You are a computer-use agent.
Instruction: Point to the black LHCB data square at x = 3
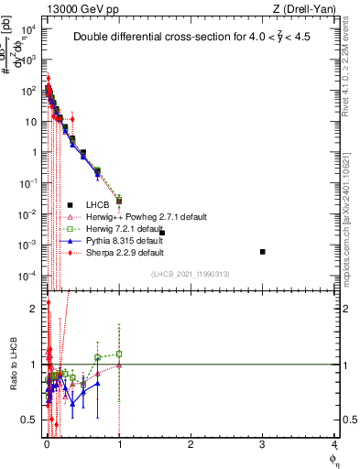click(x=263, y=251)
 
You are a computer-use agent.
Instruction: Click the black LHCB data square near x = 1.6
click(x=162, y=233)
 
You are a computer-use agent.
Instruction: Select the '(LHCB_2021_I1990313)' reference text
click(x=191, y=274)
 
